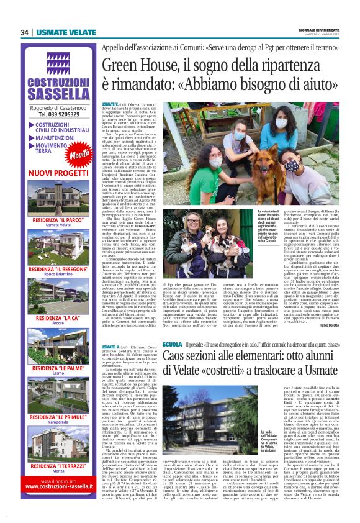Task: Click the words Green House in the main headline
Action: [140, 66]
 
